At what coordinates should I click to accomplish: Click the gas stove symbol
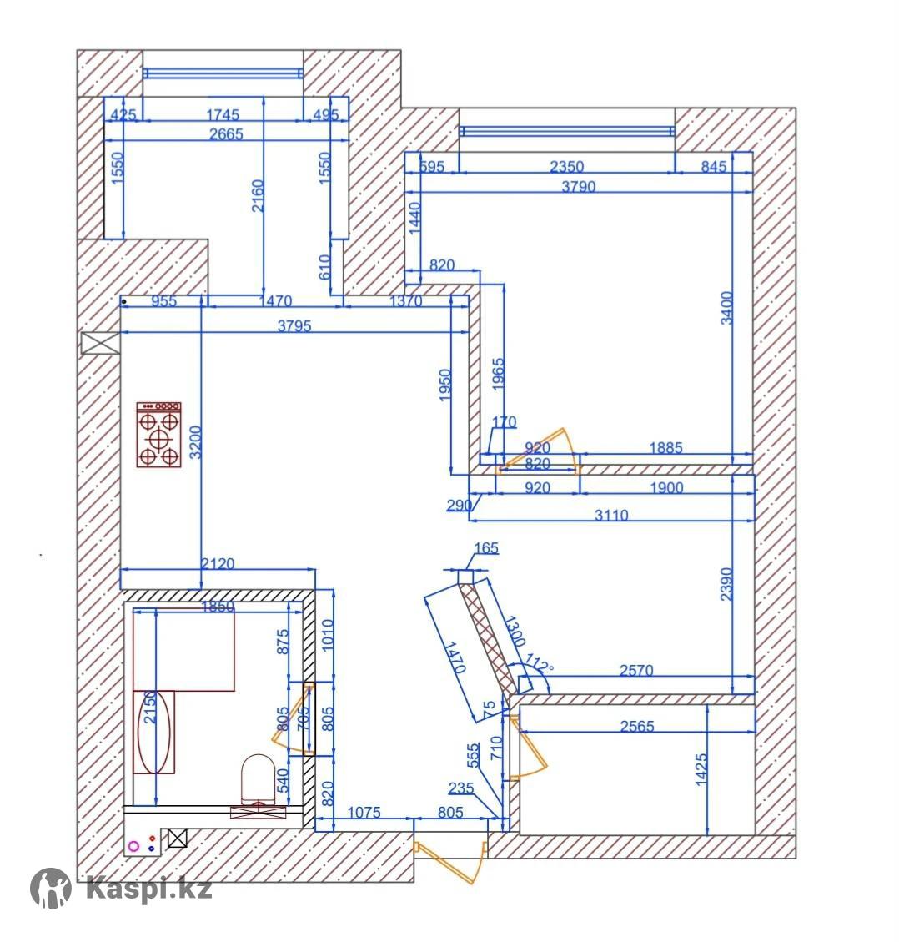click(x=158, y=435)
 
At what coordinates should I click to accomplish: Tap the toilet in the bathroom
click(x=259, y=779)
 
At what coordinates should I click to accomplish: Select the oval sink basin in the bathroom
click(x=154, y=732)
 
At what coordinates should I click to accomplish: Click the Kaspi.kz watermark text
click(x=149, y=888)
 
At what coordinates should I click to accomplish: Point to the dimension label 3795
click(x=294, y=325)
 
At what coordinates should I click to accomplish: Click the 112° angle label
click(x=539, y=663)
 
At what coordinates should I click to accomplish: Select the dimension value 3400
click(x=726, y=308)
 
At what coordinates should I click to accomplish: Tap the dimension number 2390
click(x=726, y=584)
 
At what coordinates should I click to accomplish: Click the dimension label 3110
click(x=611, y=515)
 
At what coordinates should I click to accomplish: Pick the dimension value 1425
click(x=701, y=769)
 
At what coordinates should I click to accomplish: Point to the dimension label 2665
click(x=226, y=133)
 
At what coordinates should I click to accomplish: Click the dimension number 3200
click(x=196, y=442)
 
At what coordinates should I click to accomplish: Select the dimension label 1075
click(x=364, y=812)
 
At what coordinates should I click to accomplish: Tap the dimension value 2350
click(x=567, y=166)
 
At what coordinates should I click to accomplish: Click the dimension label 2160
click(x=257, y=195)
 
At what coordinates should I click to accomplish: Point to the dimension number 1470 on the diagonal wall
click(x=454, y=657)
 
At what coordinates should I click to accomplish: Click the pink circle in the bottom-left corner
click(x=133, y=847)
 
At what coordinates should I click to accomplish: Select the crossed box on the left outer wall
click(x=100, y=343)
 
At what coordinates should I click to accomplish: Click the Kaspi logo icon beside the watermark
click(x=51, y=888)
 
